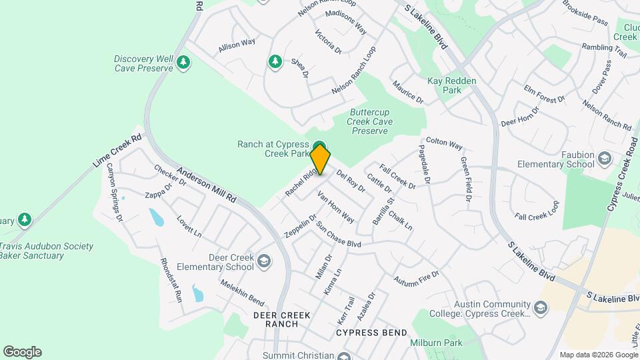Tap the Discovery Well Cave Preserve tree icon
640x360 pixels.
183,63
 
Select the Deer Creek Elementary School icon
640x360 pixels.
265,261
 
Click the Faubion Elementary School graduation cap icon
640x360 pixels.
604,158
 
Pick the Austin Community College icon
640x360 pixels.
540,307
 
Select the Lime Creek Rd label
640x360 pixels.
117,151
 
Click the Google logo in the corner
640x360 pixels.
22,352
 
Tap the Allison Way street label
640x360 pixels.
237,45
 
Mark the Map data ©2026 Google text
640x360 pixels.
598,355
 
